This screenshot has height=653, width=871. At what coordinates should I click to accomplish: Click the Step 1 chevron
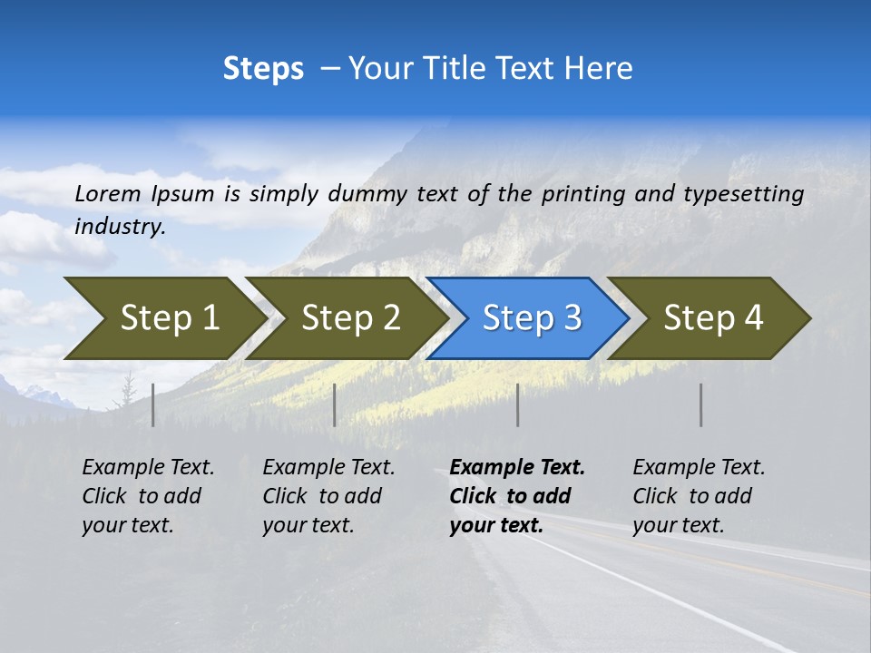(x=163, y=318)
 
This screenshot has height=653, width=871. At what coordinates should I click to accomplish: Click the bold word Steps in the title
(x=263, y=69)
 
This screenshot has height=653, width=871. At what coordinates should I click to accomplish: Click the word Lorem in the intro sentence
(x=108, y=193)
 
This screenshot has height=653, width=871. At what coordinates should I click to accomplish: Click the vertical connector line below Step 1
(x=153, y=404)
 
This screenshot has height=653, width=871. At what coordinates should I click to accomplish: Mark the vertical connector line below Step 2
(x=335, y=404)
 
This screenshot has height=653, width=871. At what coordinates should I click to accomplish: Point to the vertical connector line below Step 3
(x=518, y=404)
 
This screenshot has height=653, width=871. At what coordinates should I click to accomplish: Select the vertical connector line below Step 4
(x=701, y=404)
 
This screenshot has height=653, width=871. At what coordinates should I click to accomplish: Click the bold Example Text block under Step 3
(x=516, y=496)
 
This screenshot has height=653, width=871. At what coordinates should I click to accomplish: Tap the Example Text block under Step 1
(x=148, y=496)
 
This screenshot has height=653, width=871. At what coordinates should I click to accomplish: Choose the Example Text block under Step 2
(x=328, y=496)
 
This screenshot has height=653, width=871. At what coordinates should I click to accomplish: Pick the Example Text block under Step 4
(x=699, y=496)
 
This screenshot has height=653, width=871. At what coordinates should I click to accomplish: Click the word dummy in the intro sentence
(x=367, y=193)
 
